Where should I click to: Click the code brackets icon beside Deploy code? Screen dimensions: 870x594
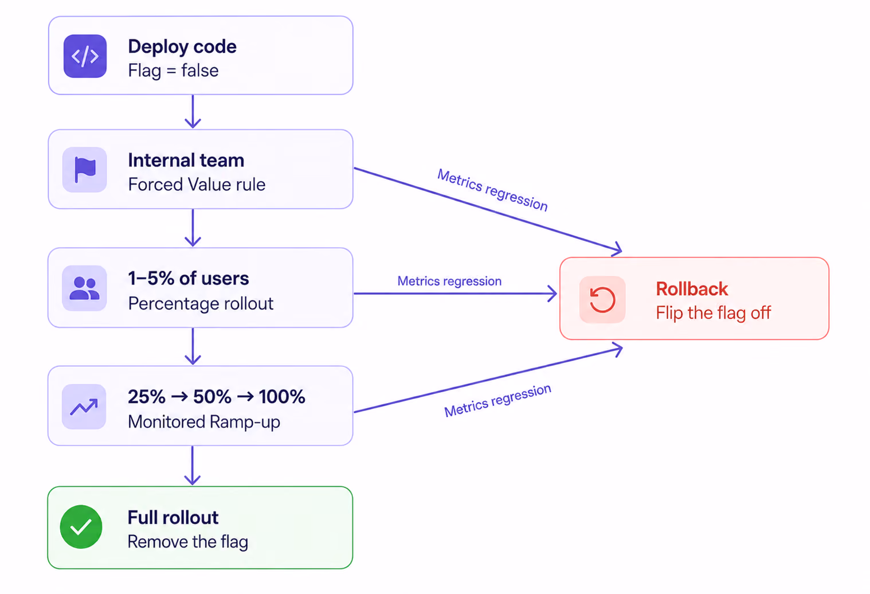tap(85, 56)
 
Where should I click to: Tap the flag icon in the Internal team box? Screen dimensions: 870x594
tap(85, 169)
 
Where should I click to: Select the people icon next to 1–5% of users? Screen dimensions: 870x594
tap(84, 288)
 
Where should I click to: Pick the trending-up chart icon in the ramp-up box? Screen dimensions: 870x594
tap(84, 407)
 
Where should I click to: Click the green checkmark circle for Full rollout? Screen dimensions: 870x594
tap(81, 527)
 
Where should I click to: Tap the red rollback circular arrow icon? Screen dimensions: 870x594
tap(602, 299)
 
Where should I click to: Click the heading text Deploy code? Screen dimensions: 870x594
tap(182, 47)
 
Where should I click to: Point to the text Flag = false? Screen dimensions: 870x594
tap(173, 71)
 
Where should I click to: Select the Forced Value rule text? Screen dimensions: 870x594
tap(197, 185)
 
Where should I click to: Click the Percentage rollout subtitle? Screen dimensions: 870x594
tap(201, 303)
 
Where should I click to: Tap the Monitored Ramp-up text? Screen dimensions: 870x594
tap(204, 422)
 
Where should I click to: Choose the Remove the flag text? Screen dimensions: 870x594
tap(187, 542)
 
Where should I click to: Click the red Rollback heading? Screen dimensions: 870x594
tap(692, 288)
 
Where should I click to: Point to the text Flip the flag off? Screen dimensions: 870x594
tap(713, 312)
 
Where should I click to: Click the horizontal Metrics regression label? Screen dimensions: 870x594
tap(449, 281)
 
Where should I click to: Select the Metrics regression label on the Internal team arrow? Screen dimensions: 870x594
tap(492, 190)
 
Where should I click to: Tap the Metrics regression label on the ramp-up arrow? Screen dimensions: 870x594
tap(497, 400)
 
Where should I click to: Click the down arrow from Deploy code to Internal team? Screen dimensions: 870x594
tap(193, 111)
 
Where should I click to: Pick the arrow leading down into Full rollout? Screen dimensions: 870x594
tap(192, 466)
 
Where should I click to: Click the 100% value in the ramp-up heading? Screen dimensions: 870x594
tap(282, 397)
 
